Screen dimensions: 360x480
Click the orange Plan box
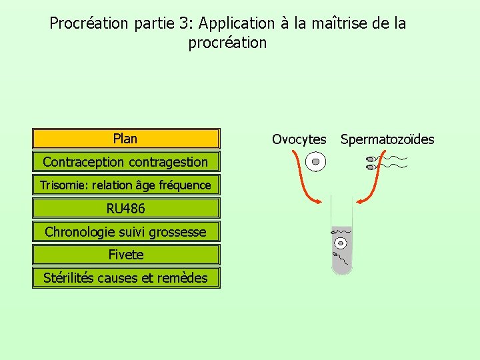125,139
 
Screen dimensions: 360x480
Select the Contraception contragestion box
125,162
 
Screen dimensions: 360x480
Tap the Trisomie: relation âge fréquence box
125,185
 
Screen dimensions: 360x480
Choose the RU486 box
125,209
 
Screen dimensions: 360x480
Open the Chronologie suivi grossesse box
125,232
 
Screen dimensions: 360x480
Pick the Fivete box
125,255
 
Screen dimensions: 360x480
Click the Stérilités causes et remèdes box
125,278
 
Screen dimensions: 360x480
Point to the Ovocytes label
299,139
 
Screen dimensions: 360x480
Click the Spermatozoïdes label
387,139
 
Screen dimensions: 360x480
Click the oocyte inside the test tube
342,243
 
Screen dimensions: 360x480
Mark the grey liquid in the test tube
342,257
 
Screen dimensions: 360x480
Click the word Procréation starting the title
89,23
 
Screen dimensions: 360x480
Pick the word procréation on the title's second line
227,43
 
